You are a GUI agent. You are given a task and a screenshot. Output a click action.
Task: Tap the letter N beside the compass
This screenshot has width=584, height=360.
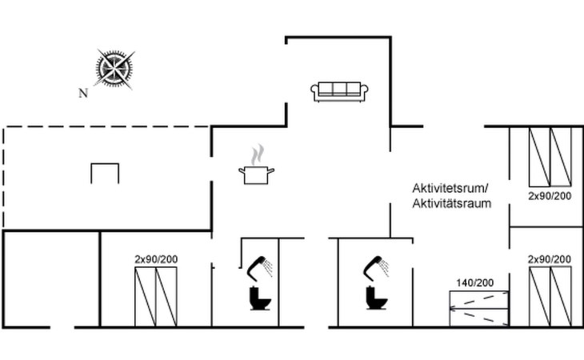82,93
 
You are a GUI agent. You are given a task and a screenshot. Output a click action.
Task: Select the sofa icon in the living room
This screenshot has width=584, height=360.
339,91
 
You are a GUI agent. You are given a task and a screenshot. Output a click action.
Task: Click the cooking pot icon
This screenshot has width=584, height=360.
256,174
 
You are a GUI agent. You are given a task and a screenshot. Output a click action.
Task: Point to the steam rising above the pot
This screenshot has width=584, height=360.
256,154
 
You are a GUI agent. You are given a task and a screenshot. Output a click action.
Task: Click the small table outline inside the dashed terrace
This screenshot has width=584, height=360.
105,172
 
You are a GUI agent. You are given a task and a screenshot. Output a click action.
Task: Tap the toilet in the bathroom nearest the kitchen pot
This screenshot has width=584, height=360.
259,298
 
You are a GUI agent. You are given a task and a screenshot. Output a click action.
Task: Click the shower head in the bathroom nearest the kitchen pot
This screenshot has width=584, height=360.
259,266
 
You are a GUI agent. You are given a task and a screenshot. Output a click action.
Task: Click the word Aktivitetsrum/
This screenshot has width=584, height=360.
450,188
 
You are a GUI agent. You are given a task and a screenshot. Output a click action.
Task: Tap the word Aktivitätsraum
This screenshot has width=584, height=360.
451,203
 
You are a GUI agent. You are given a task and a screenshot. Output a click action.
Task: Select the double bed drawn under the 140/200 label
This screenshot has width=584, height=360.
478,308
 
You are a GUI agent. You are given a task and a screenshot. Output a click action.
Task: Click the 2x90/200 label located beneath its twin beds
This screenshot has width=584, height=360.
549,194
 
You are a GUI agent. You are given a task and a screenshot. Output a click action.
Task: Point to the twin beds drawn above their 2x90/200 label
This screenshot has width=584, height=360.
550,156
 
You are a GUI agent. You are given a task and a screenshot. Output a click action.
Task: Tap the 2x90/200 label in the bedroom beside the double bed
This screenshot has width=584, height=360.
549,259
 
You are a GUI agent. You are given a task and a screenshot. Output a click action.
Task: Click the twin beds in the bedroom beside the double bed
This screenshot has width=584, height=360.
550,296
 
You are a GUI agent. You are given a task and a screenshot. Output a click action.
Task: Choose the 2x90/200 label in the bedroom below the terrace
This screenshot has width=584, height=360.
155,259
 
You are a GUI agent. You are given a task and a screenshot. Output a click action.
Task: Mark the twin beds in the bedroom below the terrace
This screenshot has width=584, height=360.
155,297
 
